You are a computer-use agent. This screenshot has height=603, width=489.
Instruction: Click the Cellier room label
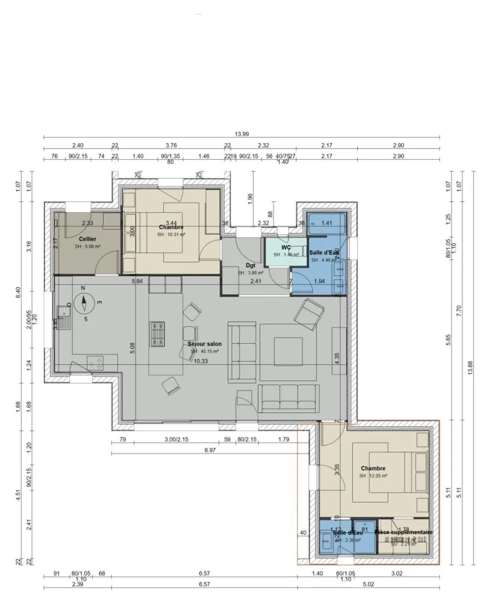(87, 239)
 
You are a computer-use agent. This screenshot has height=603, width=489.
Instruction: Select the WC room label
(285, 247)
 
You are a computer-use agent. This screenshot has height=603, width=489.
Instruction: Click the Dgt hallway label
(251, 265)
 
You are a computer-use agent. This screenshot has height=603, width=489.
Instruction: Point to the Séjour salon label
(205, 344)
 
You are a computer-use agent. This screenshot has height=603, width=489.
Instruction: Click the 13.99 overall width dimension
(241, 134)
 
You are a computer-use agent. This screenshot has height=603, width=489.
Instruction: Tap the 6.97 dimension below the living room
(210, 450)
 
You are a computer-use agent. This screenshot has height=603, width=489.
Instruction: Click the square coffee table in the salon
(284, 349)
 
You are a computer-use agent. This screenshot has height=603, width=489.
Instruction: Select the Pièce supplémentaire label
(403, 532)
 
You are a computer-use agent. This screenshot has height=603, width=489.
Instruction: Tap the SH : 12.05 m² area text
(373, 476)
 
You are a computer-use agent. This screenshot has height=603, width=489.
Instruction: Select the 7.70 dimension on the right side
(459, 311)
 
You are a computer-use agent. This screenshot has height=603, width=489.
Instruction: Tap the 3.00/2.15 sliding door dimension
(176, 440)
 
